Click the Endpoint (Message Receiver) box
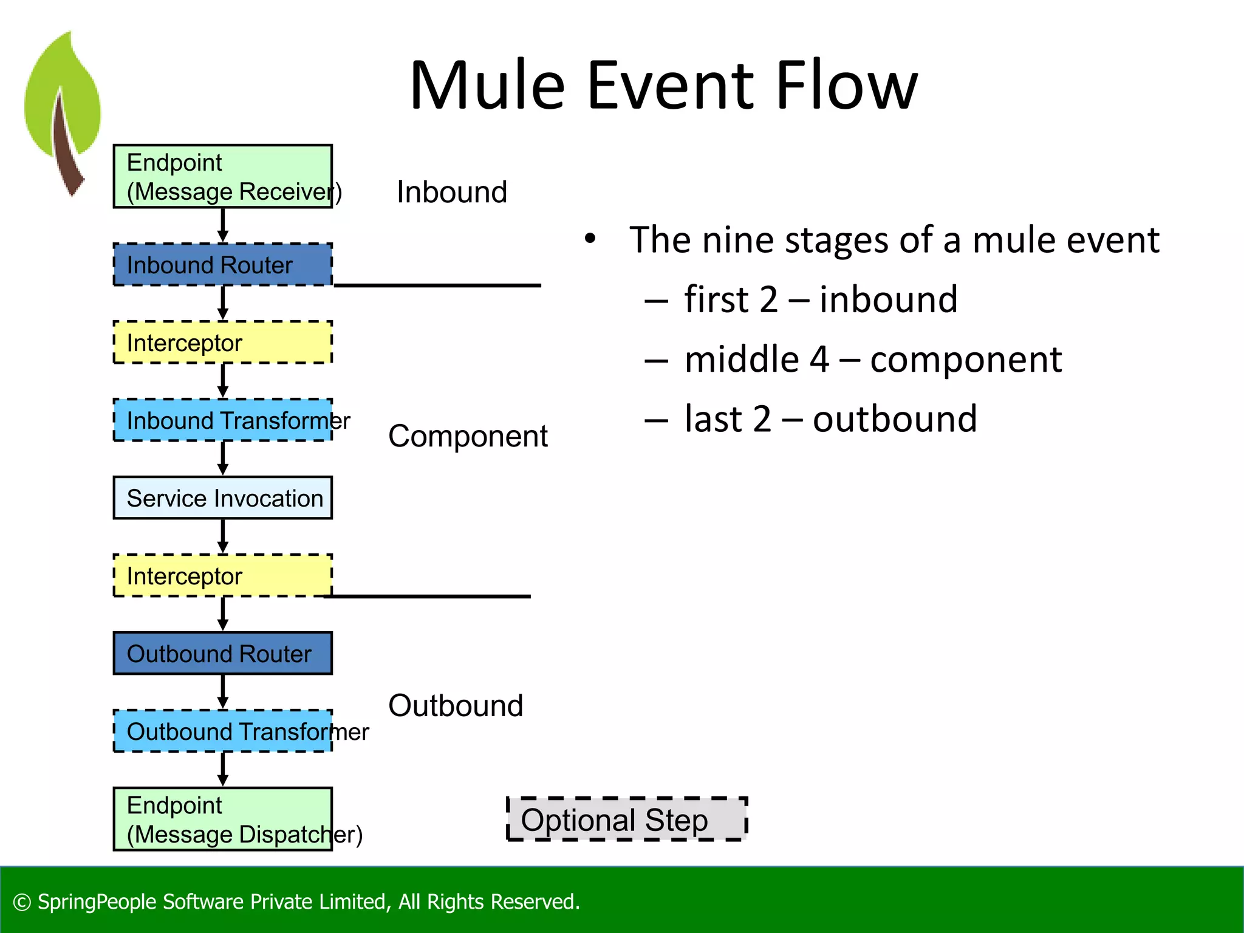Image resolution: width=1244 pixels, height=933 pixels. tap(222, 176)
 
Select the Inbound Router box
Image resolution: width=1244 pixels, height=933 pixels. tap(222, 265)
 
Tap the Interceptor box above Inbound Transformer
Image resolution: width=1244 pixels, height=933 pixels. tap(222, 343)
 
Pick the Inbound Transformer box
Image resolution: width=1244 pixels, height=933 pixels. tap(222, 420)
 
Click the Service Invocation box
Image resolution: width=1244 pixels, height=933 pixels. tap(222, 498)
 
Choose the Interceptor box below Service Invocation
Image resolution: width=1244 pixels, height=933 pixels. tap(222, 576)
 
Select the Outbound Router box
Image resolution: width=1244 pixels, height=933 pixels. tap(222, 654)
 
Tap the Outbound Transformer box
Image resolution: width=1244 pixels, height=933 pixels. tap(222, 731)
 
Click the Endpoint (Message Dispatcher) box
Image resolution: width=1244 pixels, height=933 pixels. tap(222, 819)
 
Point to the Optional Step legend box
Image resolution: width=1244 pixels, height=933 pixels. tap(626, 819)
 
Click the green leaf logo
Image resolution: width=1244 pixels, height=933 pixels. tap(63, 109)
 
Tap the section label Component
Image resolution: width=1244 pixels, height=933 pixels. tap(468, 436)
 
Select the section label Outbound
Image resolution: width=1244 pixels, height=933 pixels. tap(456, 706)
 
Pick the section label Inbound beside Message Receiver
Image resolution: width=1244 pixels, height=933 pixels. tap(451, 193)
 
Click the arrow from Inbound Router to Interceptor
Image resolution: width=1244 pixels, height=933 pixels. tap(223, 302)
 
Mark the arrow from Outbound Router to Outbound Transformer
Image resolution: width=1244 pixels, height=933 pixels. tap(223, 691)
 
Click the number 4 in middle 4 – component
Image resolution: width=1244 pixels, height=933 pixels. tap(819, 360)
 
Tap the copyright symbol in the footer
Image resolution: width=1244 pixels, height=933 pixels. tap(22, 903)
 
